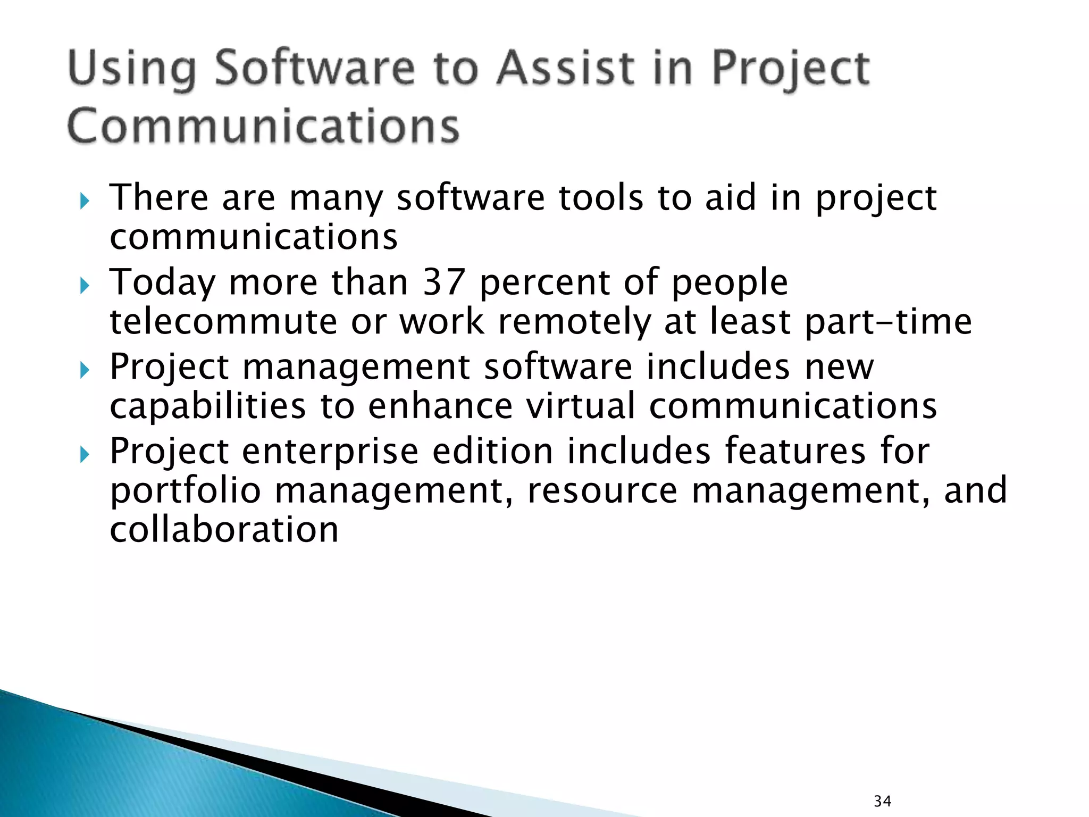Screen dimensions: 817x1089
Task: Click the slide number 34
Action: click(x=882, y=801)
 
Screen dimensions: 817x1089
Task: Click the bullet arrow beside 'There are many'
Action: click(x=85, y=202)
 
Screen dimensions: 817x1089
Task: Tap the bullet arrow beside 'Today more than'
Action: click(x=85, y=286)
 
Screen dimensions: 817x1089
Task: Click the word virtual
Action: click(x=581, y=406)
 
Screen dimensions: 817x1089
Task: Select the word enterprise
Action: click(x=330, y=452)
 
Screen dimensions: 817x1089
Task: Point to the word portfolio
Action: click(x=185, y=490)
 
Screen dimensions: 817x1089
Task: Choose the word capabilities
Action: click(x=207, y=406)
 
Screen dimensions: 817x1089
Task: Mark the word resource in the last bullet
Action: click(x=602, y=490)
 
